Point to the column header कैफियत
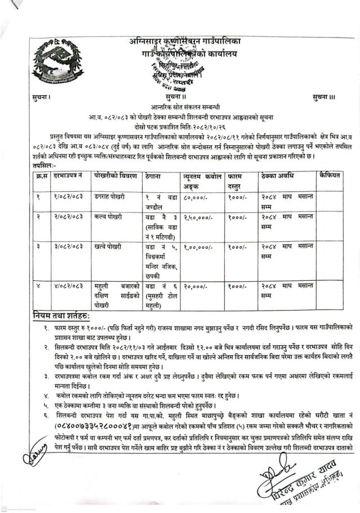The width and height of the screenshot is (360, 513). tap(330, 176)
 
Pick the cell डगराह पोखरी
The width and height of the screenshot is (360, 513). tap(110, 197)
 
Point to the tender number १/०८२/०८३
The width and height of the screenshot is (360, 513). tap(68, 197)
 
